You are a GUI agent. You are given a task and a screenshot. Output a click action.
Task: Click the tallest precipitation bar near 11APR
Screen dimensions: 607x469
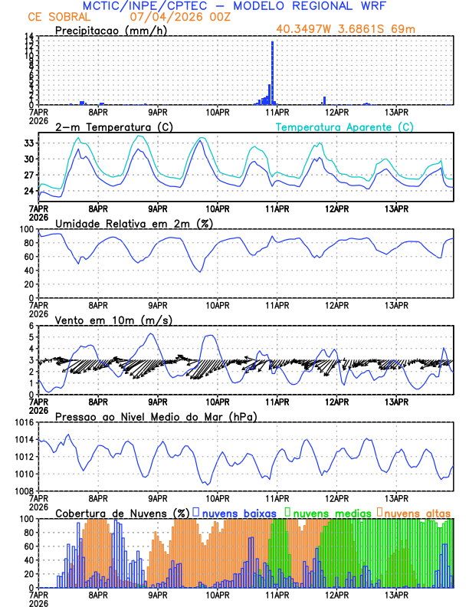[x=272, y=73]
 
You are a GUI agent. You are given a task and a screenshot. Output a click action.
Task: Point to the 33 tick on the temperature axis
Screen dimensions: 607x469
[x=30, y=143]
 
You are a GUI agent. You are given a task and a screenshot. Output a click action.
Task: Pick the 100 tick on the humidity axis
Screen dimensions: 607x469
[x=28, y=229]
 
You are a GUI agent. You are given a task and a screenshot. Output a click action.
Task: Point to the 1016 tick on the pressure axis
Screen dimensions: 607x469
[x=25, y=422]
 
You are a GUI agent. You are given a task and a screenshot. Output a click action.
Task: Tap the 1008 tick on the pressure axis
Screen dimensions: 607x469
[x=25, y=491]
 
